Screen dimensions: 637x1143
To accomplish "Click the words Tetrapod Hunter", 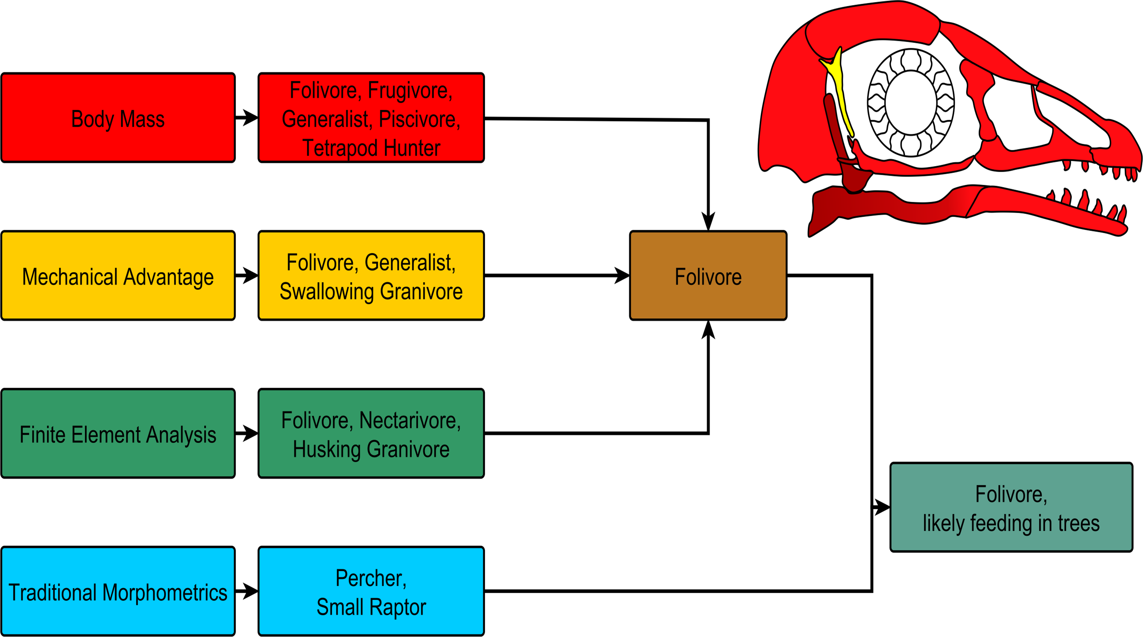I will pyautogui.click(x=371, y=148).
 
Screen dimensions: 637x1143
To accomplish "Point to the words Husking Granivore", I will pyautogui.click(x=371, y=449).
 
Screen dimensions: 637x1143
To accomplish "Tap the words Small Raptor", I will pyautogui.click(x=371, y=607).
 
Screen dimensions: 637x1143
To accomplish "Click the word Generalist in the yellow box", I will pyautogui.click(x=409, y=262).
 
